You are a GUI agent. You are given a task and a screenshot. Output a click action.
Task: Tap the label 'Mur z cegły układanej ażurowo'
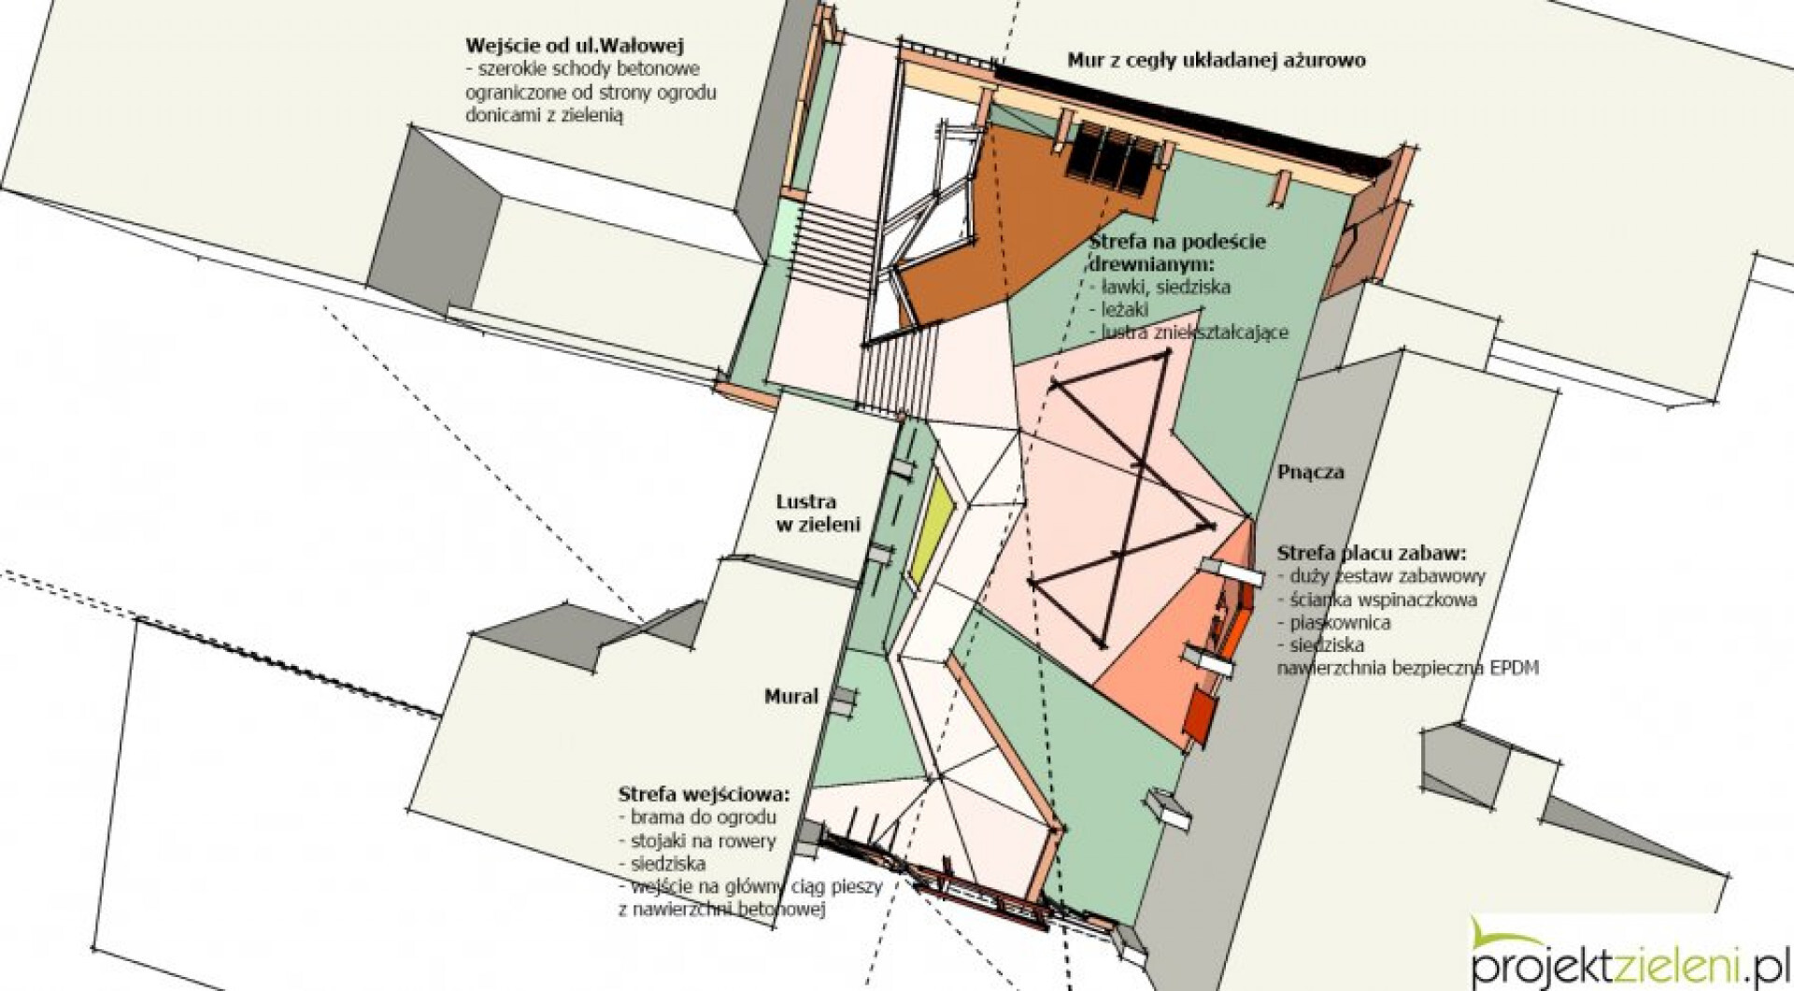pos(1217,61)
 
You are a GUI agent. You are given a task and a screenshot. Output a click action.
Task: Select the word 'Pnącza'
pos(1311,473)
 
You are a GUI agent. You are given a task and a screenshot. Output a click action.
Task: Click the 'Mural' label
pos(791,696)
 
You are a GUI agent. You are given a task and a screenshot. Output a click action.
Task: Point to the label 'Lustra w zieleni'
pos(819,513)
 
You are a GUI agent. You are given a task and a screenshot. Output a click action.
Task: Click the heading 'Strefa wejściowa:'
pos(704,795)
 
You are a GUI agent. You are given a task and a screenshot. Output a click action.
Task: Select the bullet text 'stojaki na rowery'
pos(697,841)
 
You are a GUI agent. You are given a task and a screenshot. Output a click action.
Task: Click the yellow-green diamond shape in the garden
pos(934,528)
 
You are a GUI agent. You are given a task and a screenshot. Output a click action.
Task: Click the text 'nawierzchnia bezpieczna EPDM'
pos(1408,668)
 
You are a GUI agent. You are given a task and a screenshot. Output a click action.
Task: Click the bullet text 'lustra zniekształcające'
pos(1189,333)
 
